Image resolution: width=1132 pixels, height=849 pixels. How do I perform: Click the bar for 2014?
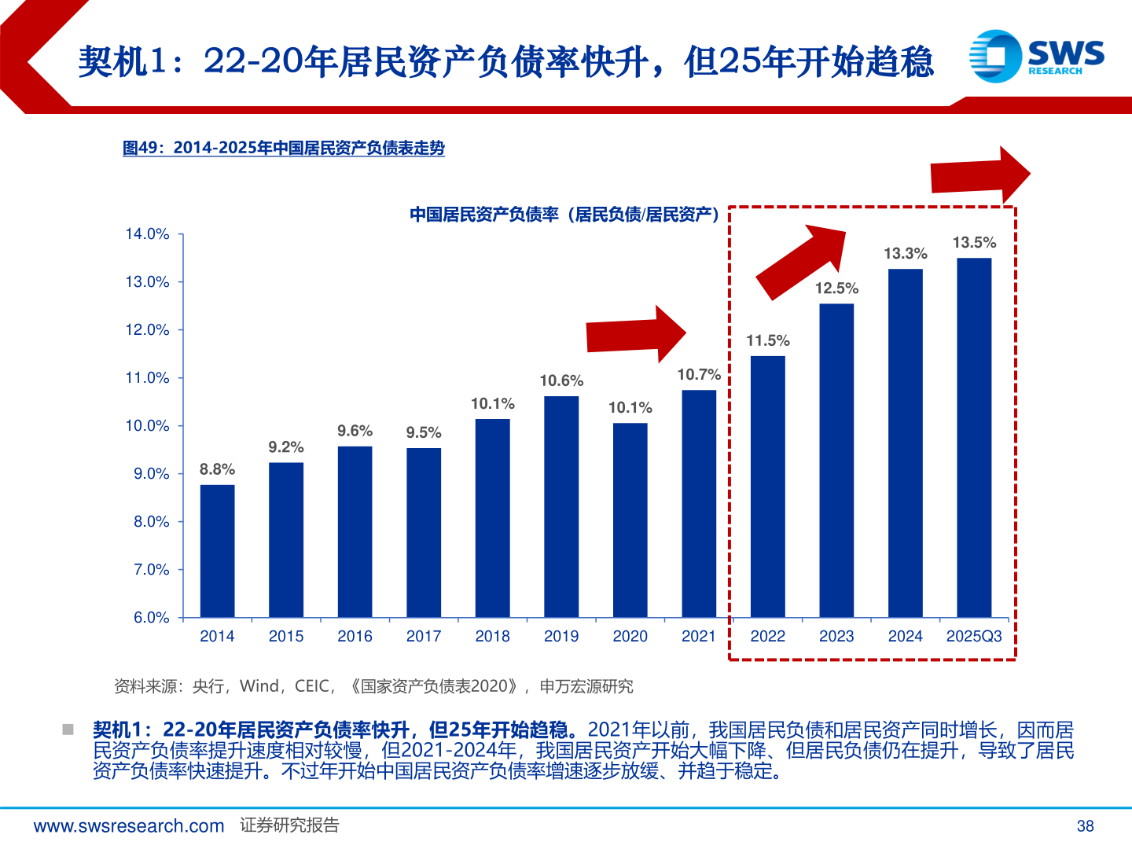tap(217, 550)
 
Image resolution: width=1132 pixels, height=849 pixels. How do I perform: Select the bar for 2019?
tap(561, 506)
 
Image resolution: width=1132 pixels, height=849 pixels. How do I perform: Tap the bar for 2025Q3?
tap(974, 437)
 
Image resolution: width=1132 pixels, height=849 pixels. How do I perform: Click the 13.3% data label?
tap(905, 253)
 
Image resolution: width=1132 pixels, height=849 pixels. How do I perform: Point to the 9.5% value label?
tap(423, 432)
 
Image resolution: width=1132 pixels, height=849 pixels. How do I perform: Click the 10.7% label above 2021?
tap(699, 374)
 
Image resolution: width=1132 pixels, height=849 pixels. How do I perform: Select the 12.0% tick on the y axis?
tap(147, 329)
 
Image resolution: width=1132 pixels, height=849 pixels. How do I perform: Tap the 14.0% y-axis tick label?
tap(147, 233)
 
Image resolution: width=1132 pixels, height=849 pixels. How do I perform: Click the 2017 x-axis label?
tap(423, 636)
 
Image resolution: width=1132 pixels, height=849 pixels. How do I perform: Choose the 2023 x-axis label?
tap(836, 636)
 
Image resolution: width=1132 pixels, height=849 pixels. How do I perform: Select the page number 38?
tap(1085, 825)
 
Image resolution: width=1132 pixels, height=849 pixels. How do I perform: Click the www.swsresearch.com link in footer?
tap(129, 825)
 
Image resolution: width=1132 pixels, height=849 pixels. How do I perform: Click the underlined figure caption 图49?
tap(284, 148)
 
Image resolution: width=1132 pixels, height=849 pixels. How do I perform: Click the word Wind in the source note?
tap(259, 686)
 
